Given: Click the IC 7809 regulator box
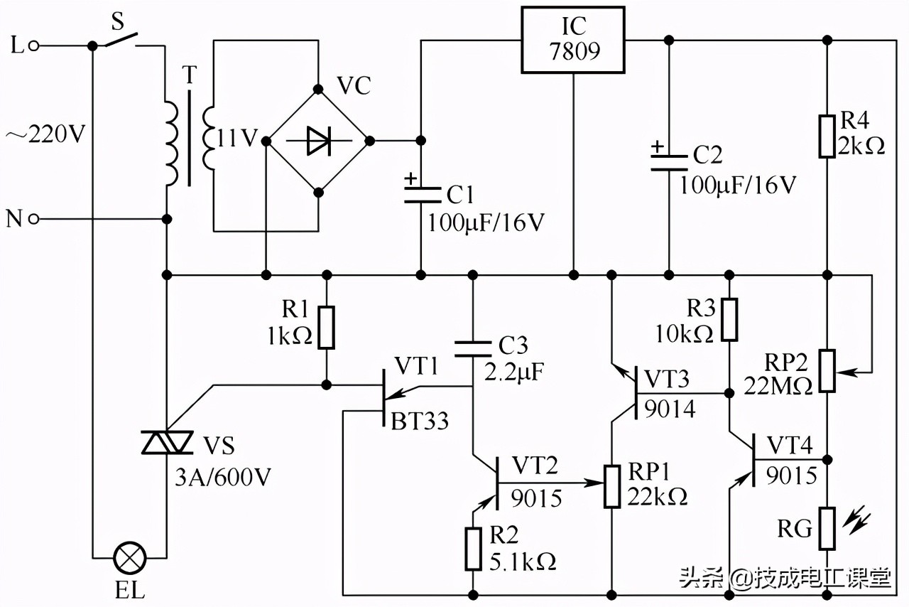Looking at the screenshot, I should click(x=573, y=40).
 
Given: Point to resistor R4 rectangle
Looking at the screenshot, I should click(x=827, y=135).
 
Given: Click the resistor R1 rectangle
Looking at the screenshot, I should click(x=326, y=327).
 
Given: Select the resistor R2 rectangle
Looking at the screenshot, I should click(x=474, y=548).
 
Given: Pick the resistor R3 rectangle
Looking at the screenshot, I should click(x=729, y=320).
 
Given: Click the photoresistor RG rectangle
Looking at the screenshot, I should click(x=827, y=528).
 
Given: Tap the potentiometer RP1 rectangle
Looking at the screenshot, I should click(x=612, y=486).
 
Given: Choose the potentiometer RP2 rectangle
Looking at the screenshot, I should click(x=827, y=370).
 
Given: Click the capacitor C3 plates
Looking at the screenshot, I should click(x=474, y=348).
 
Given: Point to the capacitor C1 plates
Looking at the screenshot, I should click(x=420, y=194).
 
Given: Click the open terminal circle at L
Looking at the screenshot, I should click(x=33, y=46).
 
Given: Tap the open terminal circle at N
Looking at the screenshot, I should click(x=33, y=219).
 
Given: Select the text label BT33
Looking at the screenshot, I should click(x=420, y=421).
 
